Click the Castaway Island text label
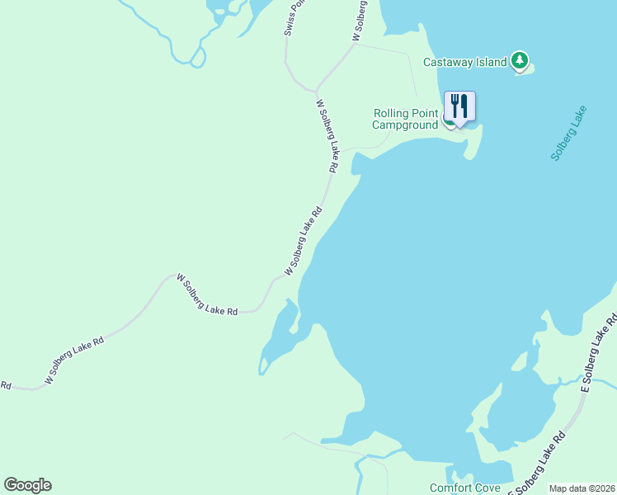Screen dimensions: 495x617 click(x=464, y=62)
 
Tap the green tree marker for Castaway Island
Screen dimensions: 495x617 click(x=519, y=60)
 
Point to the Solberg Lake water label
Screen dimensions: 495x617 click(x=568, y=133)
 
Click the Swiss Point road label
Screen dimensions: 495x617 click(x=294, y=16)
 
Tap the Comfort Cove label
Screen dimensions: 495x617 click(x=464, y=488)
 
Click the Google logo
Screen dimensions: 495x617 click(x=27, y=485)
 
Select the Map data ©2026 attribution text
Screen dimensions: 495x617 click(x=582, y=488)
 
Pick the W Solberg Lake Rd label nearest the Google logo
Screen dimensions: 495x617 click(x=74, y=361)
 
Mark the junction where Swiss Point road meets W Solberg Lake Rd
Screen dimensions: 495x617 click(x=315, y=90)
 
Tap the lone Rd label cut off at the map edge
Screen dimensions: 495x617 click(x=5, y=384)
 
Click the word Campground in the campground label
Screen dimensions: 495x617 click(x=404, y=125)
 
